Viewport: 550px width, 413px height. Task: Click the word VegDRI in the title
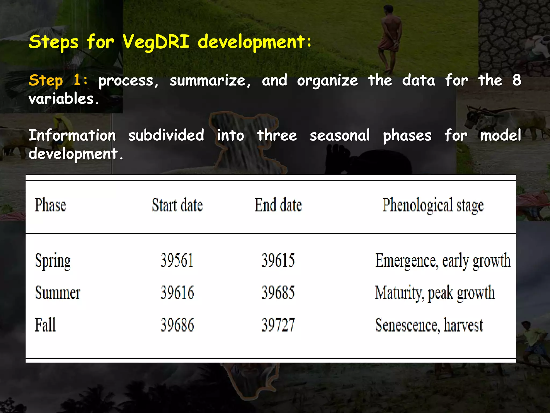click(156, 42)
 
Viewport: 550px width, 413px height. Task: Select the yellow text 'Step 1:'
click(58, 80)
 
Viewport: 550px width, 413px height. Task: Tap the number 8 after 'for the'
click(516, 80)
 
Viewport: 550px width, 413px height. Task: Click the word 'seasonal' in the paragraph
click(340, 135)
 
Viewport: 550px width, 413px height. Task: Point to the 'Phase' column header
click(50, 205)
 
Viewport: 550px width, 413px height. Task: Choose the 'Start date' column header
click(177, 205)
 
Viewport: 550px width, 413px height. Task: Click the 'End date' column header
click(278, 205)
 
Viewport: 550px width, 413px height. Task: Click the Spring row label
click(53, 261)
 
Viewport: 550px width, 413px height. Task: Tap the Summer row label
click(57, 293)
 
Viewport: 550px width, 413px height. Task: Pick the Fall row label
click(45, 325)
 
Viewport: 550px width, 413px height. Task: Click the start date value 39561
click(177, 261)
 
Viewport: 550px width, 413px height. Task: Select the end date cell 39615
click(278, 261)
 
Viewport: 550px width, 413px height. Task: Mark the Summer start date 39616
click(177, 293)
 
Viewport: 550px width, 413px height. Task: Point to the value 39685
click(278, 293)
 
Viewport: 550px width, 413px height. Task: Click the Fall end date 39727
click(278, 325)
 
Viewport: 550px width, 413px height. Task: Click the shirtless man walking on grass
click(389, 38)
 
